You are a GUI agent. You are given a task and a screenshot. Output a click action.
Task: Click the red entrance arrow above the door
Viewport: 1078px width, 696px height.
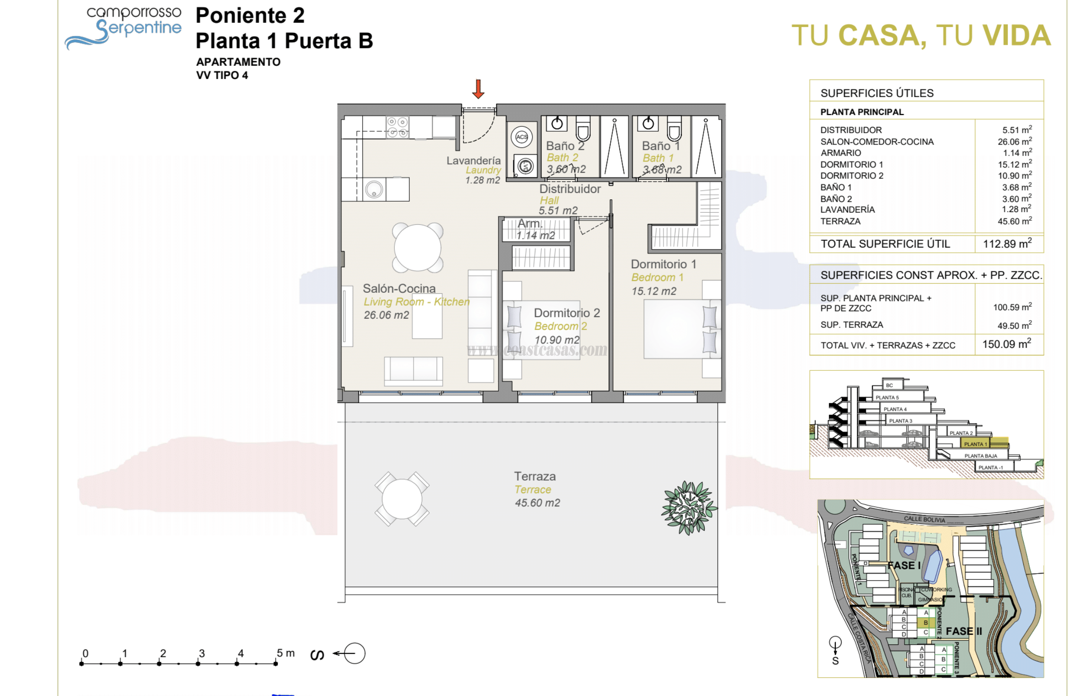(x=478, y=89)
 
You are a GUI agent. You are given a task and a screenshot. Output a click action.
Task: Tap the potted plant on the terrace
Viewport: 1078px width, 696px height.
(x=688, y=508)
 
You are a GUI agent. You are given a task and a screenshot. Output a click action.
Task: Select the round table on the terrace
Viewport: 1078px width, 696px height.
(x=402, y=499)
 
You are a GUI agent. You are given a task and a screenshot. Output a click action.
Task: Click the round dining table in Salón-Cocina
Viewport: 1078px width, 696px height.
(x=417, y=248)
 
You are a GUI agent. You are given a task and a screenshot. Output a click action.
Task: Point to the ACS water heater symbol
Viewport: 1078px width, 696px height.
(x=522, y=137)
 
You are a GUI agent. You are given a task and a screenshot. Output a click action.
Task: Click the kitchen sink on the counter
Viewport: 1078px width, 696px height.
(x=374, y=189)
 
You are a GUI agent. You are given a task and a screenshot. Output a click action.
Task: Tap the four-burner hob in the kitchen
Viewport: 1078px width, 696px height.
(x=397, y=127)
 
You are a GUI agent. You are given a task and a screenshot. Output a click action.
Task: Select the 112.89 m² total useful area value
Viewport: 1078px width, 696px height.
(x=1007, y=244)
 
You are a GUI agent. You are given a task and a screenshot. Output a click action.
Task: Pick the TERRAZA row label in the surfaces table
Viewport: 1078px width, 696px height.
(x=840, y=222)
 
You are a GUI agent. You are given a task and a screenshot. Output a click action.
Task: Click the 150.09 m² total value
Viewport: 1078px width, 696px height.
(x=1006, y=344)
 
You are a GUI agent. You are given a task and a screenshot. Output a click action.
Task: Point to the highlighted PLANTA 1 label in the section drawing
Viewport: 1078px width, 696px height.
(x=975, y=444)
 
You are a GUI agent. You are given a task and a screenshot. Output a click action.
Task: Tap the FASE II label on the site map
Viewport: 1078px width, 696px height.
(x=963, y=631)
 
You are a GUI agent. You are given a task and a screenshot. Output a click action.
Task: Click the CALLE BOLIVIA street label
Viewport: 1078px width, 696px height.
(x=924, y=519)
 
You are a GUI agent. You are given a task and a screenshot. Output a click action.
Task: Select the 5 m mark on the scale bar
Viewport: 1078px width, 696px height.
(x=276, y=664)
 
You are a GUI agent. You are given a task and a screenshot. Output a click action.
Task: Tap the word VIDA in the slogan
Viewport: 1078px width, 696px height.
(x=1016, y=36)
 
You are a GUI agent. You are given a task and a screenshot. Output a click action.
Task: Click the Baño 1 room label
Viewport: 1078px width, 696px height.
(x=660, y=146)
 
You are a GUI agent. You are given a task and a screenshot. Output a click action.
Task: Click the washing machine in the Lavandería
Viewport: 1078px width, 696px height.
(x=525, y=166)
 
